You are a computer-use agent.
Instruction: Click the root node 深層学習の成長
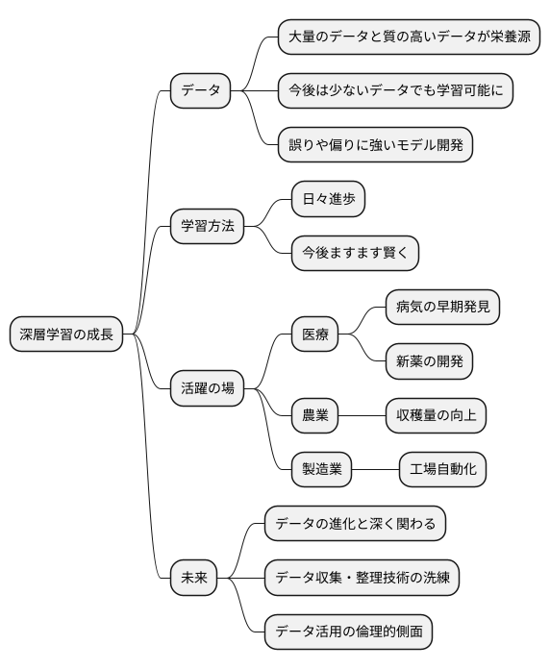[x=66, y=334]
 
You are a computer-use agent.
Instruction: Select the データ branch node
[x=200, y=91]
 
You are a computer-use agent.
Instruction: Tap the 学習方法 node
[x=207, y=228]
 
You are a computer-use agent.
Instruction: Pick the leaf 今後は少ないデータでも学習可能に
[x=394, y=91]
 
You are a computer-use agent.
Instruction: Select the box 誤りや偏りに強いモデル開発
[x=374, y=145]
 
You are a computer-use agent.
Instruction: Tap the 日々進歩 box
[x=328, y=200]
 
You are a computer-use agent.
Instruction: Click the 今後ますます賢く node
[x=355, y=254]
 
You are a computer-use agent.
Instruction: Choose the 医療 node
[x=314, y=334]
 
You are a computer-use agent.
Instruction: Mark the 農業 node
[x=314, y=415]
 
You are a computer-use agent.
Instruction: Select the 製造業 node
[x=321, y=470]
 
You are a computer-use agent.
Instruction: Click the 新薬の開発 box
[x=429, y=361]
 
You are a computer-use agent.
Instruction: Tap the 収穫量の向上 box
[x=436, y=415]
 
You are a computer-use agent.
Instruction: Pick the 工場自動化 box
[x=442, y=470]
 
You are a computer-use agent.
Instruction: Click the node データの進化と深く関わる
[x=355, y=524]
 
